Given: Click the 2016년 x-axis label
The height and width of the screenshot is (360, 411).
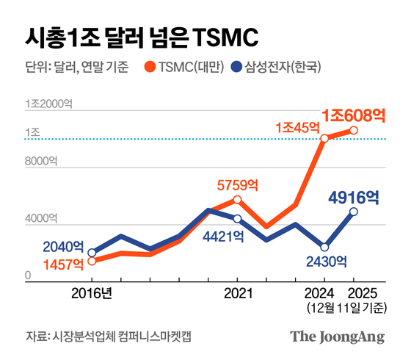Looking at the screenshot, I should tap(91, 292).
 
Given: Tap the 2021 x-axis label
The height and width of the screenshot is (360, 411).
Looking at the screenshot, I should tap(236, 292).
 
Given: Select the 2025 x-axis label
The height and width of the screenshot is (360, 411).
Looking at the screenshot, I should tap(353, 292).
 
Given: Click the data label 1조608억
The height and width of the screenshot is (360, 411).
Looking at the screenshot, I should tap(354, 114).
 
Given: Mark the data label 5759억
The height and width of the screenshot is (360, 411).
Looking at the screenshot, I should tap(237, 185).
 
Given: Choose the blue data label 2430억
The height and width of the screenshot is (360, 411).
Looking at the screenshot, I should tap(322, 261).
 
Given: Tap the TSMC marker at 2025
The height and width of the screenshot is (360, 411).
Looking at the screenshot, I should tap(353, 130).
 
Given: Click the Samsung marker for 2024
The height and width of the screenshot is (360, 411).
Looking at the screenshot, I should tap(324, 247).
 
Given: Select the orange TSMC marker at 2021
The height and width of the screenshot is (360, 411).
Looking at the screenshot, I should tap(237, 199).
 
